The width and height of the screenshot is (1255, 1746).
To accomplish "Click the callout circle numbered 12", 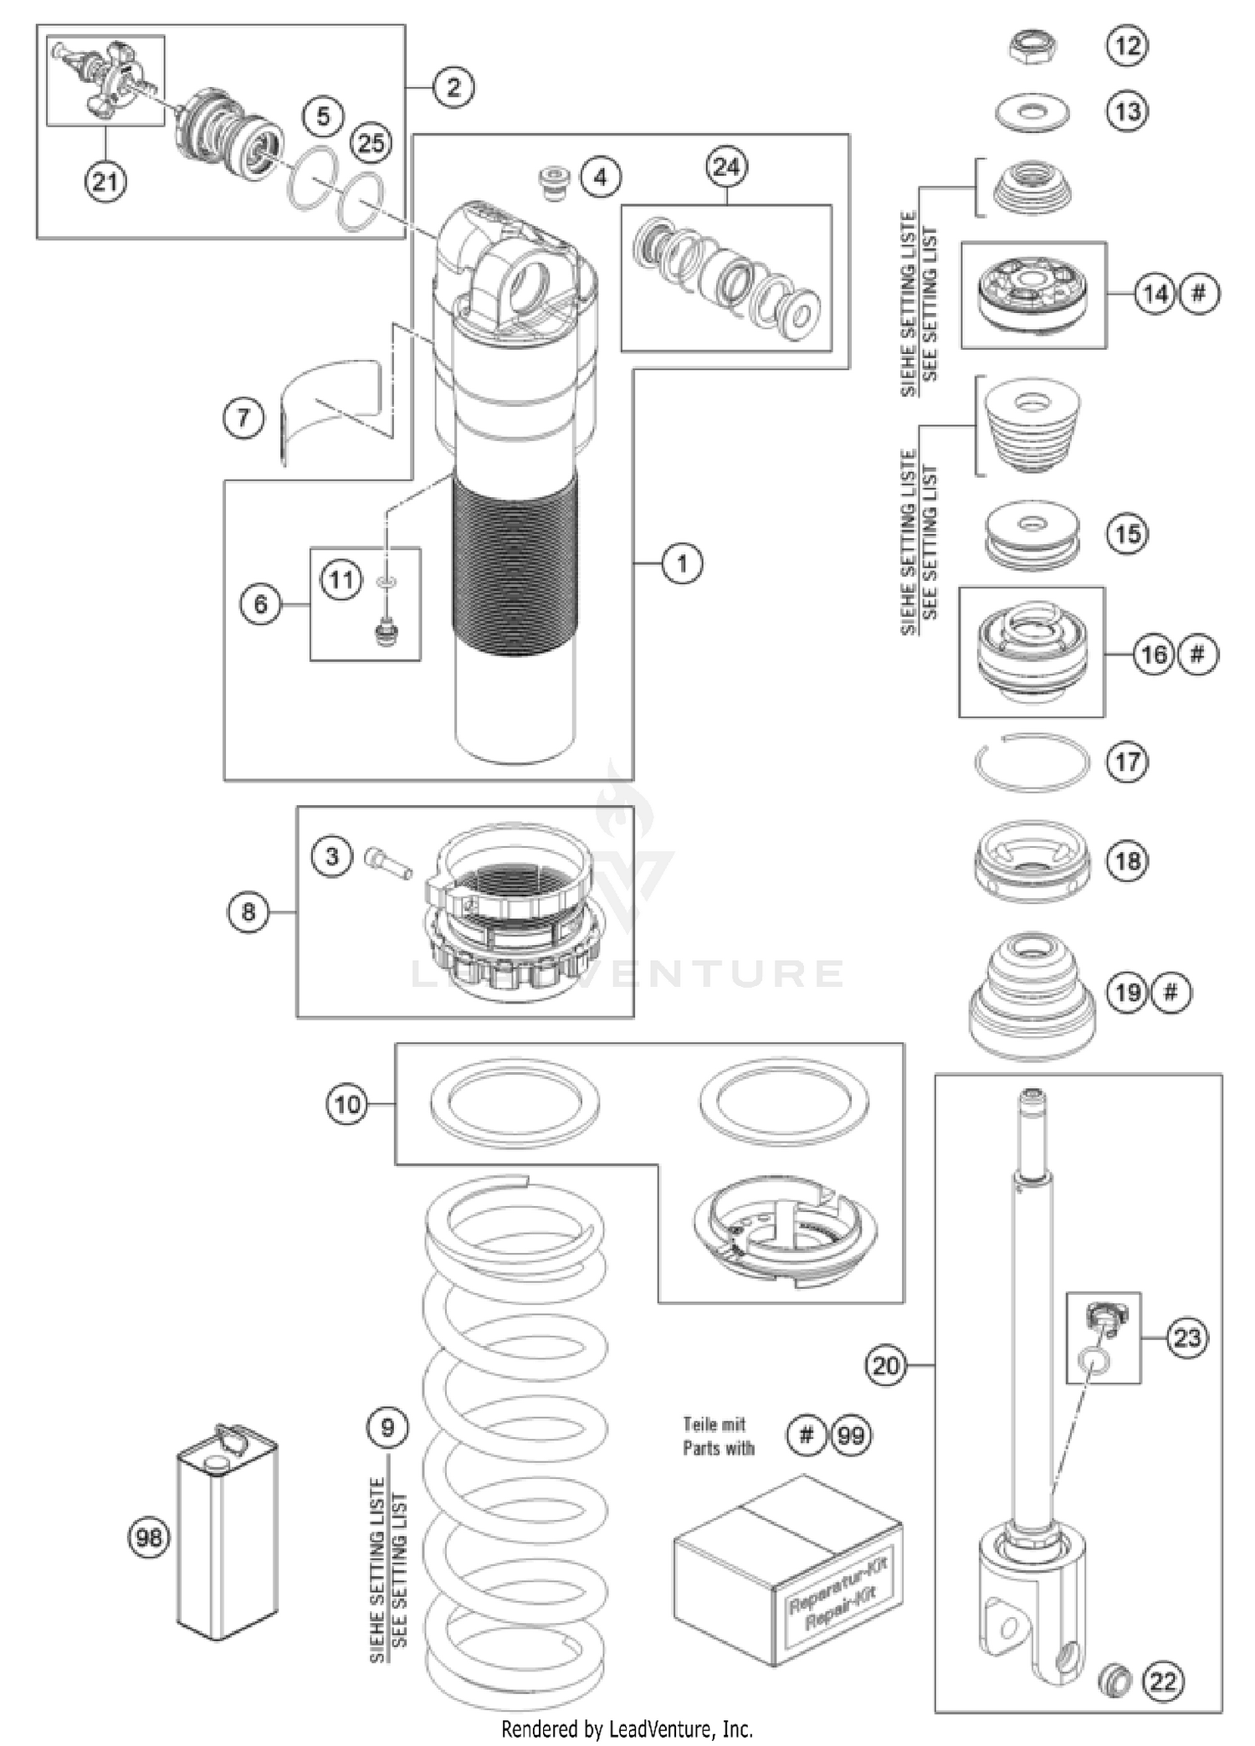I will [x=1127, y=45].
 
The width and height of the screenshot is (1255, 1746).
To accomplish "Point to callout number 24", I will [x=726, y=167].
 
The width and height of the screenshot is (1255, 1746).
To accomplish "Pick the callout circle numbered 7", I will [x=243, y=417].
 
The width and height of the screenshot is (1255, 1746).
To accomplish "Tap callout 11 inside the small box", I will [x=341, y=579].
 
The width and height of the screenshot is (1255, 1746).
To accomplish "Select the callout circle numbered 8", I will [x=248, y=912].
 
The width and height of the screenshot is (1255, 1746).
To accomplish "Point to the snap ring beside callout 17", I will [x=1032, y=763].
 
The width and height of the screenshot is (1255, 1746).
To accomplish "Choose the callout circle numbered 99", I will [x=850, y=1435].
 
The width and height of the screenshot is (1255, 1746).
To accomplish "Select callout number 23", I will [x=1186, y=1338].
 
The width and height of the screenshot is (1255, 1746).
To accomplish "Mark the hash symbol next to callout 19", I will [x=1170, y=993].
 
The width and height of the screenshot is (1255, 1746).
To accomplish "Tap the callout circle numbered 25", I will [x=371, y=143].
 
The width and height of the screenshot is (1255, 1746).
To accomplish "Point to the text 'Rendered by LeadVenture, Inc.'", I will [x=627, y=1728].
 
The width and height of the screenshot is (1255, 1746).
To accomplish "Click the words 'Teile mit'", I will [x=714, y=1424].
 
